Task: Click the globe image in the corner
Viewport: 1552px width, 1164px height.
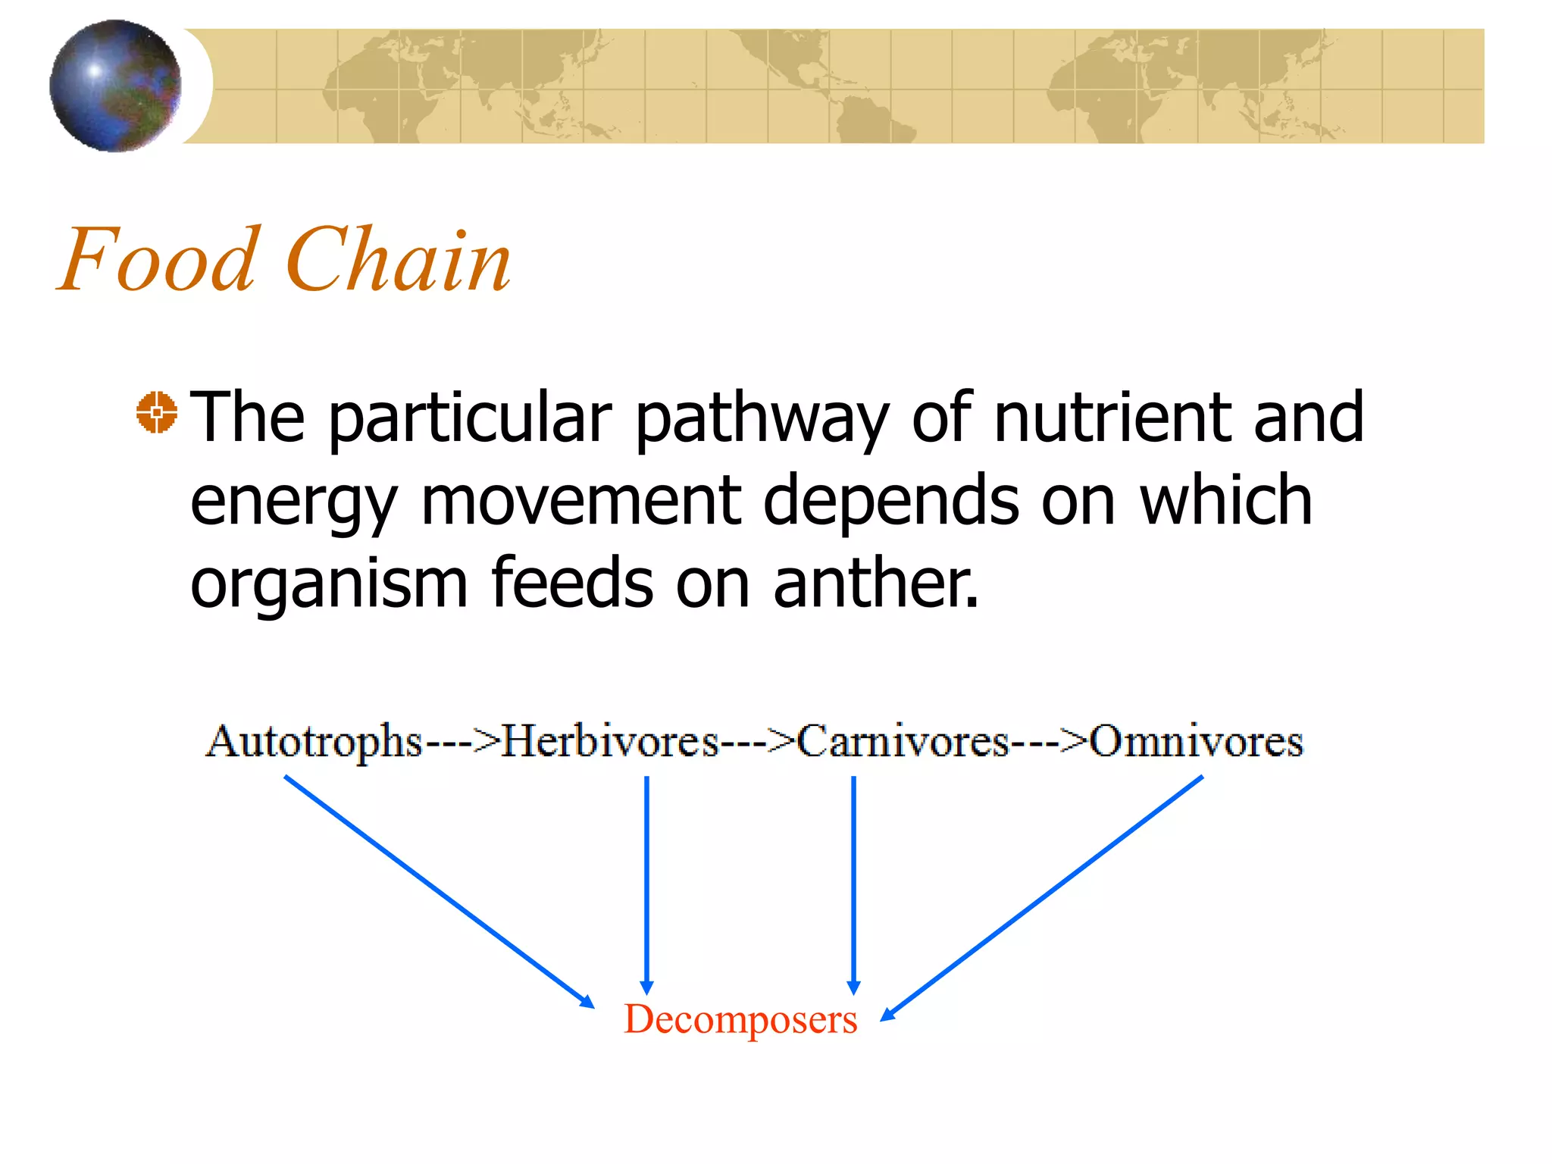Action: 115,86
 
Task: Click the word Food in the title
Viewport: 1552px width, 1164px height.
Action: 157,260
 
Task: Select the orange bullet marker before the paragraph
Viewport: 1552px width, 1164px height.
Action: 157,413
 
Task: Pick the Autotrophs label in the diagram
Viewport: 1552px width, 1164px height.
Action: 314,741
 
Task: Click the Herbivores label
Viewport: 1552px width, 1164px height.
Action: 610,741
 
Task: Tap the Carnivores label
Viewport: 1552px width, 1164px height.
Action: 903,741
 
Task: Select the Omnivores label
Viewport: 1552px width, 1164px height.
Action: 1196,741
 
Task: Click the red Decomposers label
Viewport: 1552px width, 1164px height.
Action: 740,1019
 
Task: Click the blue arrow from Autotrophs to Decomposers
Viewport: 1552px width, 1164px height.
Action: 438,891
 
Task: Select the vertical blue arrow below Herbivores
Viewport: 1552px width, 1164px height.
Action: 646,883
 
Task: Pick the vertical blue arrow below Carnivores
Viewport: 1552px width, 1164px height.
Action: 853,883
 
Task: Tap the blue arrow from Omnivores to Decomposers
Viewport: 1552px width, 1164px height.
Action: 1043,897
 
